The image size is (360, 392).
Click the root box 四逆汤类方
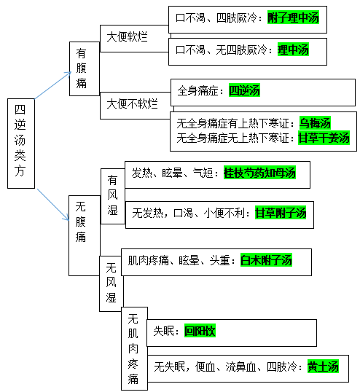[21, 144]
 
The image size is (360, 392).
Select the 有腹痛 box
[85, 68]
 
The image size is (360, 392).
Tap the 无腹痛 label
[81, 222]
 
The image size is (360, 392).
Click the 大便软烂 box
[134, 39]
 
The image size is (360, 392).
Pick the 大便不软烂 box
[136, 106]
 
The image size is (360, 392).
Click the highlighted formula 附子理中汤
[293, 17]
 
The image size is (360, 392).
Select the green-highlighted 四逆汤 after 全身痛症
[244, 90]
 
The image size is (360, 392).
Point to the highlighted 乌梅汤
[315, 122]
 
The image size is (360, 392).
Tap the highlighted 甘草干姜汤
[324, 138]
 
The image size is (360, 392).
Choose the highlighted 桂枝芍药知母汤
[259, 173]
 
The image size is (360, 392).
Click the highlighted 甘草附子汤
[281, 213]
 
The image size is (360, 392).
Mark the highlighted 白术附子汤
[266, 260]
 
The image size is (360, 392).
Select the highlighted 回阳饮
[200, 331]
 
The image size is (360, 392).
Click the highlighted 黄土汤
[323, 366]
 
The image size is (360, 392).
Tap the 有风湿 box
[113, 196]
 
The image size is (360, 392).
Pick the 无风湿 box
[111, 283]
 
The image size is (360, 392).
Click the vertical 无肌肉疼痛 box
[135, 348]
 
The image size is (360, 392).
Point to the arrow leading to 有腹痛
[53, 85]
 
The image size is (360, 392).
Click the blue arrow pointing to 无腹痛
[53, 205]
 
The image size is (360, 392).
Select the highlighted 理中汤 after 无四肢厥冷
[293, 50]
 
